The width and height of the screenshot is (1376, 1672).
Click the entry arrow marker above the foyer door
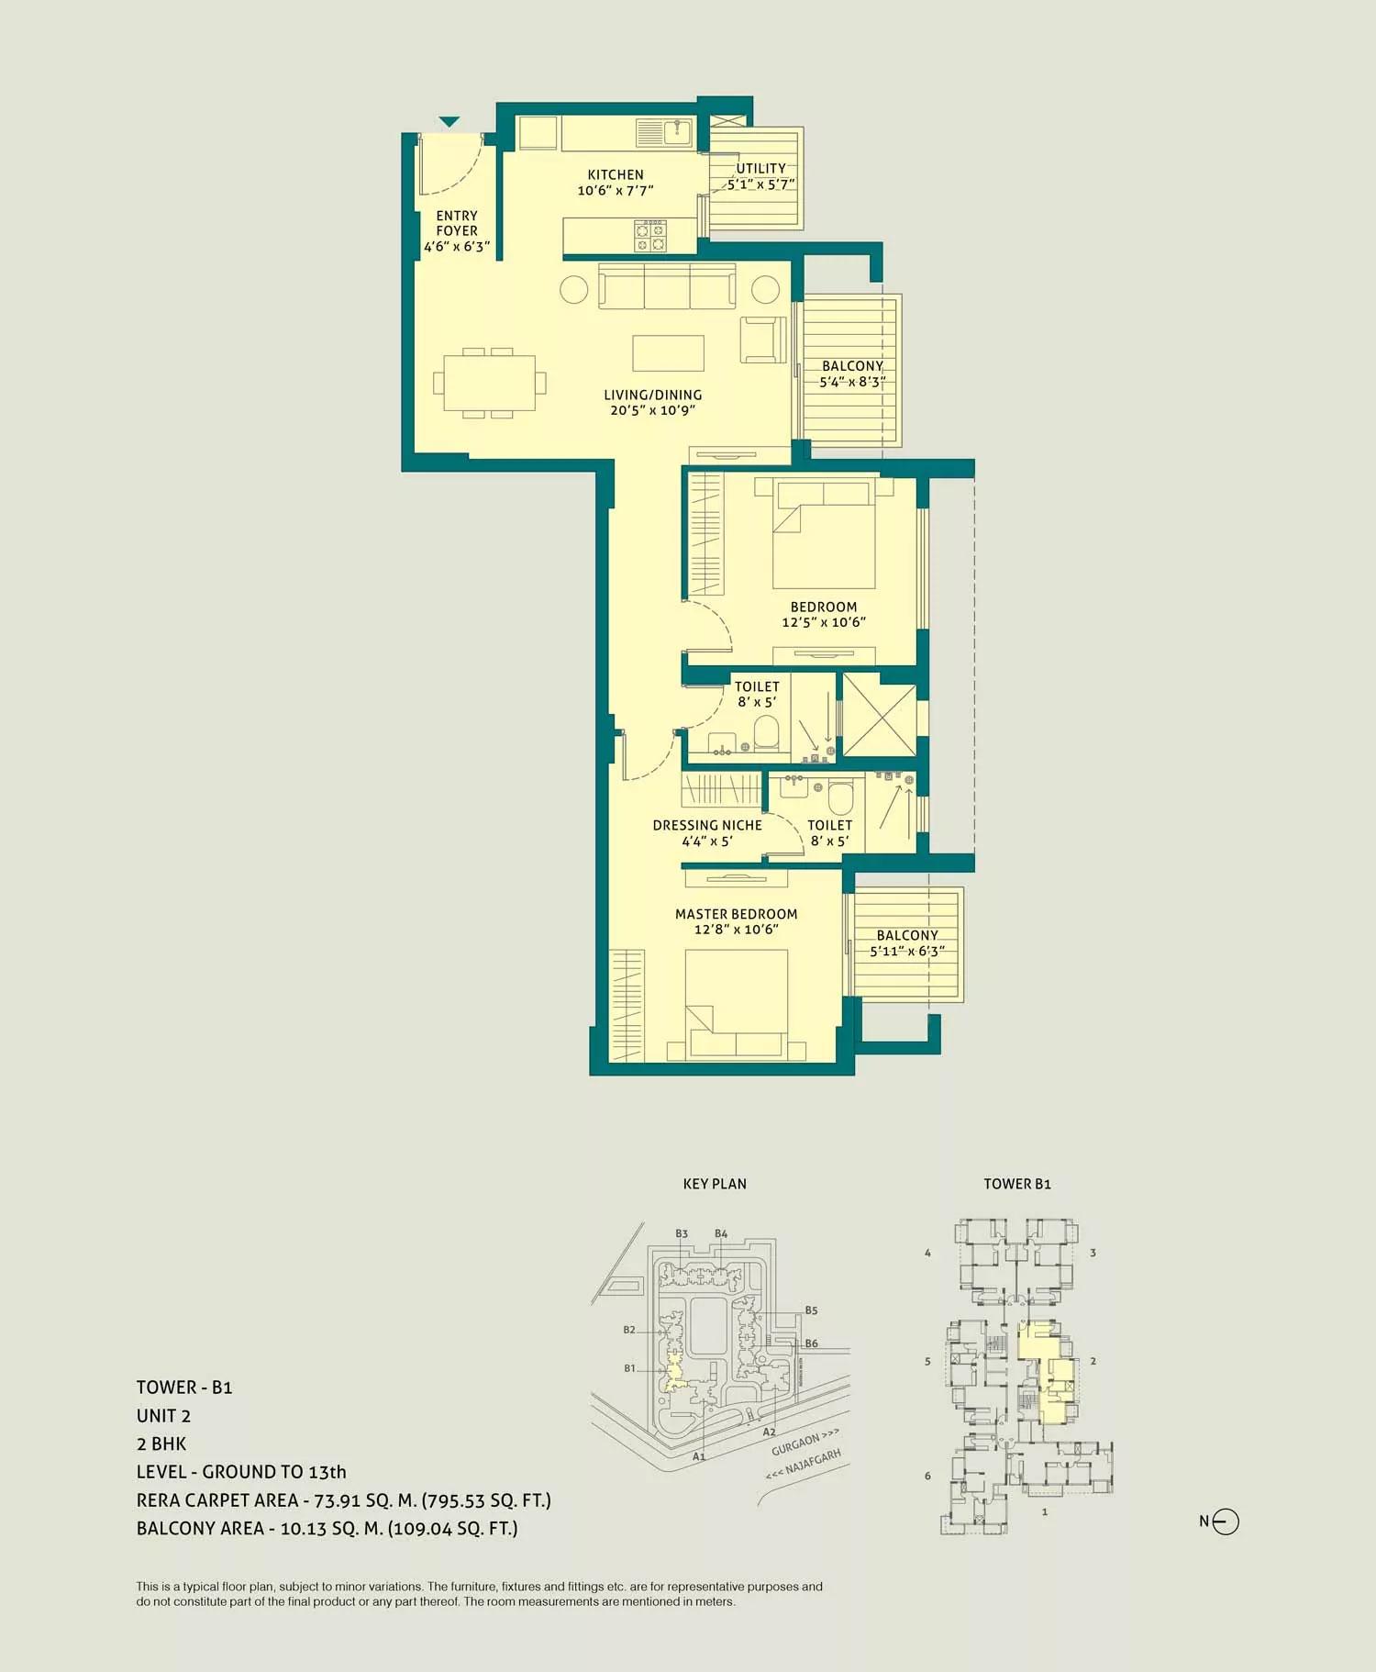coord(449,121)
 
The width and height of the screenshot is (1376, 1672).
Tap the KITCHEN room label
coord(616,174)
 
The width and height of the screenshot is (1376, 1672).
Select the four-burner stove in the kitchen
coord(651,236)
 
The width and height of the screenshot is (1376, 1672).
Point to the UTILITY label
coord(760,168)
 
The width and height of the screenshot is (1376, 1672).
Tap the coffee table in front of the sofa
coord(668,352)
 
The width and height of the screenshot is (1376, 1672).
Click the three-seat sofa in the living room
coord(667,287)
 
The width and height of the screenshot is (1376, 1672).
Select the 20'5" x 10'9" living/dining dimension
coord(652,410)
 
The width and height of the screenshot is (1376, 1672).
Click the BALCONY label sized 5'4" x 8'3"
coord(852,365)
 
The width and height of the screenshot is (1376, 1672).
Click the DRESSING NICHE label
coord(707,825)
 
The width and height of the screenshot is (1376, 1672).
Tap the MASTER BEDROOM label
coord(736,914)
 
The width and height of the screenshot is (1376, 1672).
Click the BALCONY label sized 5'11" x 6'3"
coord(907,935)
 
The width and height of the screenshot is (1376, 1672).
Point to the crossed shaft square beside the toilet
coord(879,716)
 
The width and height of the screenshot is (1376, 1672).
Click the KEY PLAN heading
coord(715,1184)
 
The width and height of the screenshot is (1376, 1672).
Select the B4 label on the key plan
coord(721,1234)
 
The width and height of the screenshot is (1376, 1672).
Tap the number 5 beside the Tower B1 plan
coord(927,1362)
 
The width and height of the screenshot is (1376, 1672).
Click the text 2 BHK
coord(161,1443)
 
